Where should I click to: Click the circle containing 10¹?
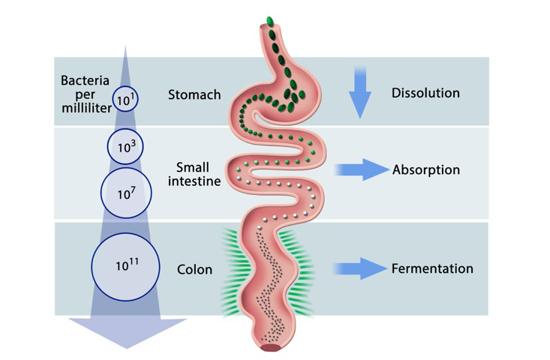point(126,98)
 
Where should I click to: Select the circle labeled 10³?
point(125,147)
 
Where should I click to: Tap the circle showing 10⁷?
point(126,193)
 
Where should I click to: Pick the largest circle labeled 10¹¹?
point(125,266)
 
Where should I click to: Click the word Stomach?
point(194,94)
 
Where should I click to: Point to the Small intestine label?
point(193,173)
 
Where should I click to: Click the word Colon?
point(194,269)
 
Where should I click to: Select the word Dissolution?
point(425,93)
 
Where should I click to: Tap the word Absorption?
point(425,170)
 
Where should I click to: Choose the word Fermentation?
point(432,268)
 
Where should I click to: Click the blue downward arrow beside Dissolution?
point(360,91)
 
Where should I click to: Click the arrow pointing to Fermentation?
point(361,268)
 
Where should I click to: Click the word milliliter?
point(86,107)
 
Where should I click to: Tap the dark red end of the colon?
point(268,346)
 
